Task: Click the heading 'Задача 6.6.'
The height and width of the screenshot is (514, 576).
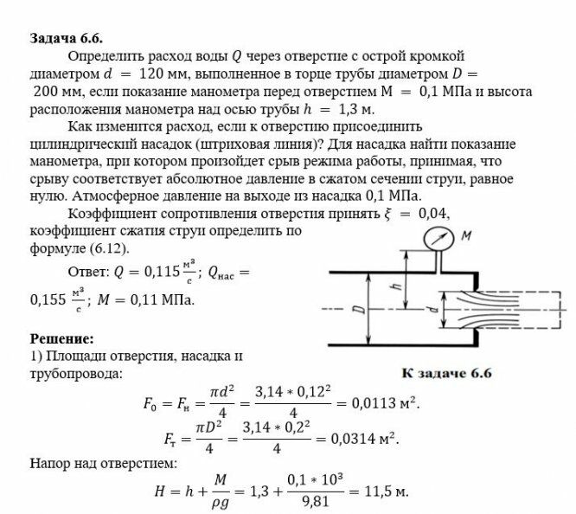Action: coord(66,39)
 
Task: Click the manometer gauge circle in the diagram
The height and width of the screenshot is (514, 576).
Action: coord(439,240)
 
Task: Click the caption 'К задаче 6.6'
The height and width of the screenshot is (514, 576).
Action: coord(446,374)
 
